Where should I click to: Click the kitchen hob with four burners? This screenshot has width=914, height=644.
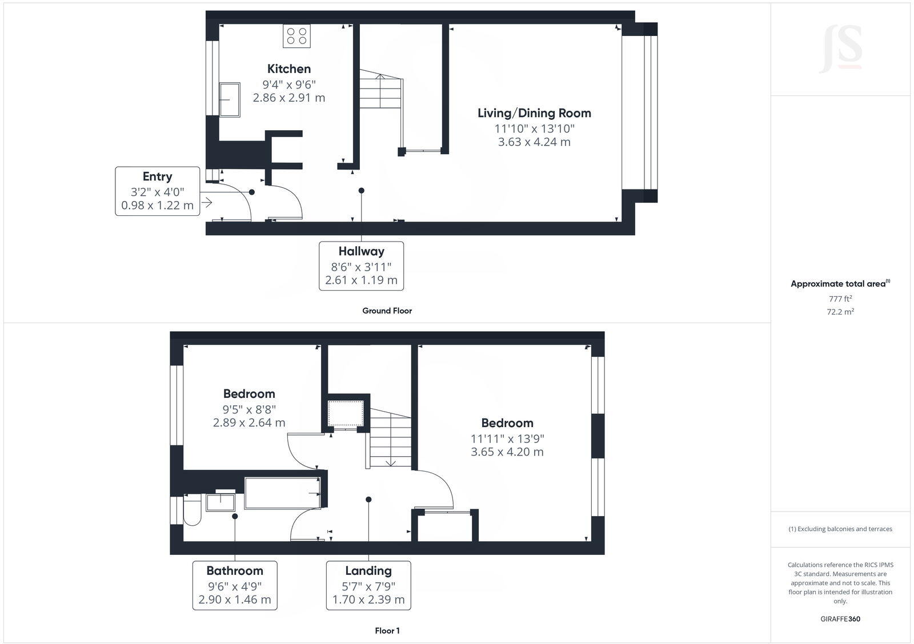tap(296, 37)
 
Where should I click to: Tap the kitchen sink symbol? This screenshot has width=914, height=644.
tap(230, 100)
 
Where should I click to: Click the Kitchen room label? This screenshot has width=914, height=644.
tap(289, 69)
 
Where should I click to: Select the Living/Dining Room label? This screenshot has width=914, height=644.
tap(534, 113)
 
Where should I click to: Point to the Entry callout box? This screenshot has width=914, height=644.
tap(158, 191)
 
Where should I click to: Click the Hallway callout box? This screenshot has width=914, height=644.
tap(361, 265)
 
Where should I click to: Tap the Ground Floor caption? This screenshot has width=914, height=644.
tap(387, 311)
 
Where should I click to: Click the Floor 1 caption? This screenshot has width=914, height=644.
tap(387, 631)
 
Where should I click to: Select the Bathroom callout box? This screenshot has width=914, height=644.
tap(235, 585)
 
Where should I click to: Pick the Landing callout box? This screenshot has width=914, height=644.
tap(368, 585)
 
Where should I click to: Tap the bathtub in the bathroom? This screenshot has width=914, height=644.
tap(282, 493)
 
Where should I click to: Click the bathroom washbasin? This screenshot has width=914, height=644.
tap(222, 502)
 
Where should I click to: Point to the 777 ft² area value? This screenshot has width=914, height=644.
tap(840, 299)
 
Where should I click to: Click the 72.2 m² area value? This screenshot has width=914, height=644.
tap(840, 312)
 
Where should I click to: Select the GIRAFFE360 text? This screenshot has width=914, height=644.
tap(840, 619)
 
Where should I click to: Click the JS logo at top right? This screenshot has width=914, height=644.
tap(840, 49)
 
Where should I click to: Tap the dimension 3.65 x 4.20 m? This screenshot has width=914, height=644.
tap(507, 452)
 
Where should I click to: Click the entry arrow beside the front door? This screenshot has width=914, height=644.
tap(207, 202)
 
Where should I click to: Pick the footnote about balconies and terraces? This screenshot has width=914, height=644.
tap(840, 529)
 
